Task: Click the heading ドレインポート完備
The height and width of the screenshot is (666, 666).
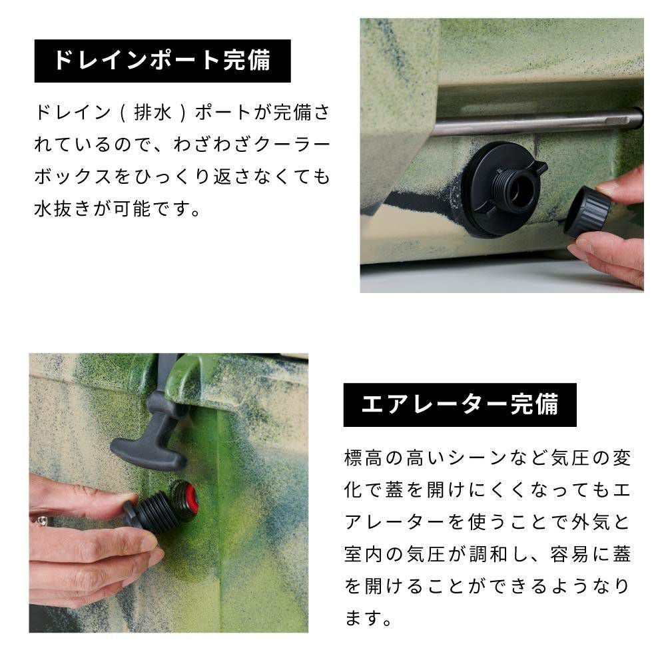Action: [x=163, y=61]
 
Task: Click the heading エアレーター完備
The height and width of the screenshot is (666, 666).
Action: [x=460, y=404]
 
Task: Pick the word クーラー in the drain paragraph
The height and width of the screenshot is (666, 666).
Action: [x=292, y=145]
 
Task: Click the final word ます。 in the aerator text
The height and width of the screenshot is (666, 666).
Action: [x=369, y=618]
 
